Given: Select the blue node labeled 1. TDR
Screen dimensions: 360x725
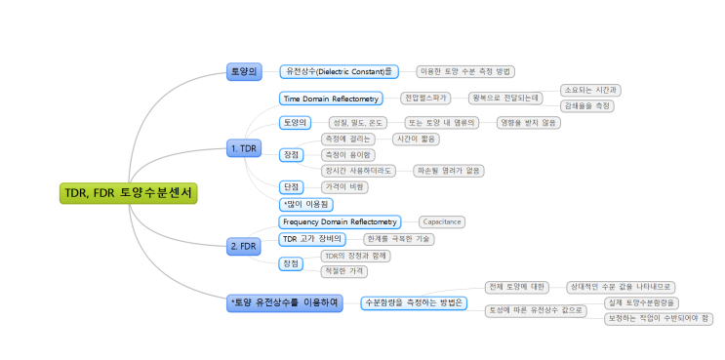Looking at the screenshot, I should (244, 148).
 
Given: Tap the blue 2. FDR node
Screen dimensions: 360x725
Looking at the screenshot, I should (244, 245).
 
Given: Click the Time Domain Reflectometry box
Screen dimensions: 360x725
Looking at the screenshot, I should (330, 99).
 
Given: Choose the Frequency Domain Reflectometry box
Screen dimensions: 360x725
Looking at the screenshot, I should (341, 222).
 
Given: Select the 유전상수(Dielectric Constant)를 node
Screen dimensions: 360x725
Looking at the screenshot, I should (340, 71).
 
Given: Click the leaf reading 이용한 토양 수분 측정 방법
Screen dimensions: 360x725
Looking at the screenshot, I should (464, 71).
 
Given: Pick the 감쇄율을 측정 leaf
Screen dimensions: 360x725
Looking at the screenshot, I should (588, 105).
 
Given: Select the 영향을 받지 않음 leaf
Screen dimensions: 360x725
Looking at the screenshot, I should (528, 123).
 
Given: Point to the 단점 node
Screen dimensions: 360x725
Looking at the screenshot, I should (291, 186).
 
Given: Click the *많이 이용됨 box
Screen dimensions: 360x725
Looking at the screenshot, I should (306, 205).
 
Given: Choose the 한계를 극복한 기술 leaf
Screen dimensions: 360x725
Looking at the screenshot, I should (398, 239).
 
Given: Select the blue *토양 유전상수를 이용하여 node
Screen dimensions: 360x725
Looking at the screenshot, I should (285, 302).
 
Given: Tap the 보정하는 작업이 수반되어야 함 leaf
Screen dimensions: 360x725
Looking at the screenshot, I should (659, 318).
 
